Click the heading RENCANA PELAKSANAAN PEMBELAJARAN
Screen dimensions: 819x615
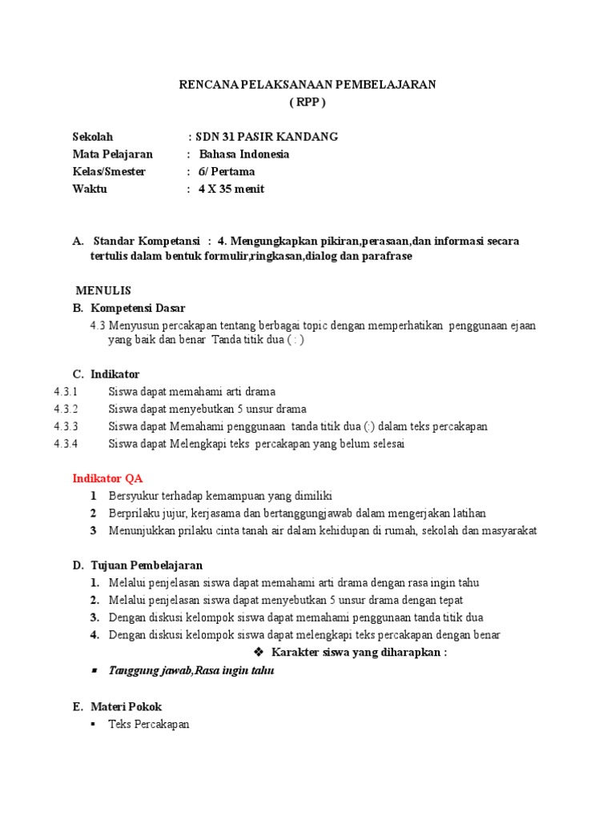pos(307,86)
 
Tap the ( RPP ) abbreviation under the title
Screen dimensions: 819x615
pos(307,103)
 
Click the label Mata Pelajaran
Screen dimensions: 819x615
pos(112,154)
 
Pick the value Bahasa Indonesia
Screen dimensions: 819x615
pos(244,154)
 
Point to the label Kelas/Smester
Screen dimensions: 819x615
pos(109,172)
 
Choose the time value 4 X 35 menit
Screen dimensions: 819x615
pos(231,190)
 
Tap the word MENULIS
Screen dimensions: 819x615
pos(103,290)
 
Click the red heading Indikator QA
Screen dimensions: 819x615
pos(108,478)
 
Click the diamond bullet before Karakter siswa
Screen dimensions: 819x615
pos(258,653)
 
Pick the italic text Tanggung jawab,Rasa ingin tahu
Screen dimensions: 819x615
pos(191,671)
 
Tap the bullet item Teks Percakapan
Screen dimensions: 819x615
pos(149,725)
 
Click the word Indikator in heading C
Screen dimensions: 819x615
pos(115,374)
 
